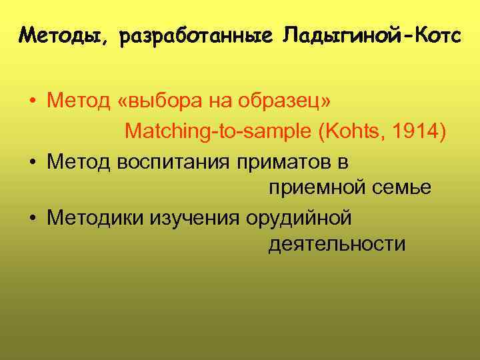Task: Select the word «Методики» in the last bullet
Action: pos(96,217)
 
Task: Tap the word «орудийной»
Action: pos(298,217)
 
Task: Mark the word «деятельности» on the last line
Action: pos(337,245)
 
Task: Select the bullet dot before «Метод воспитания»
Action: pos(32,161)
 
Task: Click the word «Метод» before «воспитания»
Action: pos(79,161)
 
